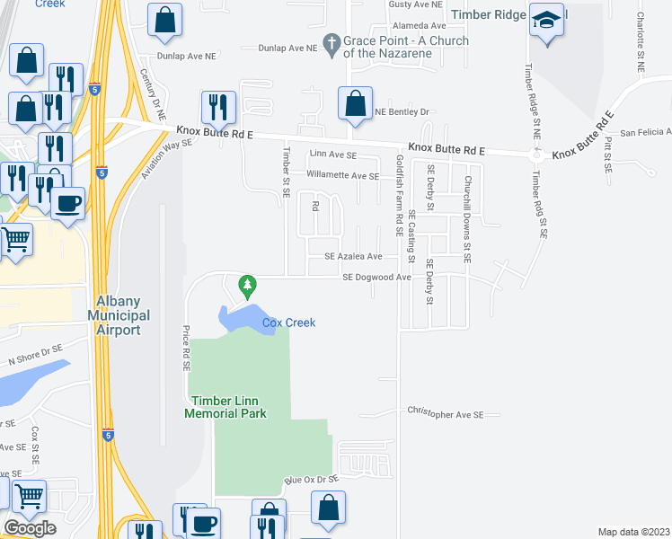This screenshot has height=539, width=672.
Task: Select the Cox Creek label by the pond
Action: [288, 323]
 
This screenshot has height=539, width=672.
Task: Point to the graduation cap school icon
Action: [545, 22]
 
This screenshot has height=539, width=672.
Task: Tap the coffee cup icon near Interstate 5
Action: [67, 204]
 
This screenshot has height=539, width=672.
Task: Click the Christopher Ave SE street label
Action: [445, 414]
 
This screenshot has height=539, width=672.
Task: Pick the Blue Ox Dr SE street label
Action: [311, 481]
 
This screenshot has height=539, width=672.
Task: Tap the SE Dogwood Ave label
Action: [376, 278]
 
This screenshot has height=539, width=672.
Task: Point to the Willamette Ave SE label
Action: [342, 175]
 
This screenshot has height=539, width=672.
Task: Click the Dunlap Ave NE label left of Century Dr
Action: [186, 56]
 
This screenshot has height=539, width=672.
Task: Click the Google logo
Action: [30, 528]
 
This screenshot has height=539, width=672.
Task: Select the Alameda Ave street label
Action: [418, 27]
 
